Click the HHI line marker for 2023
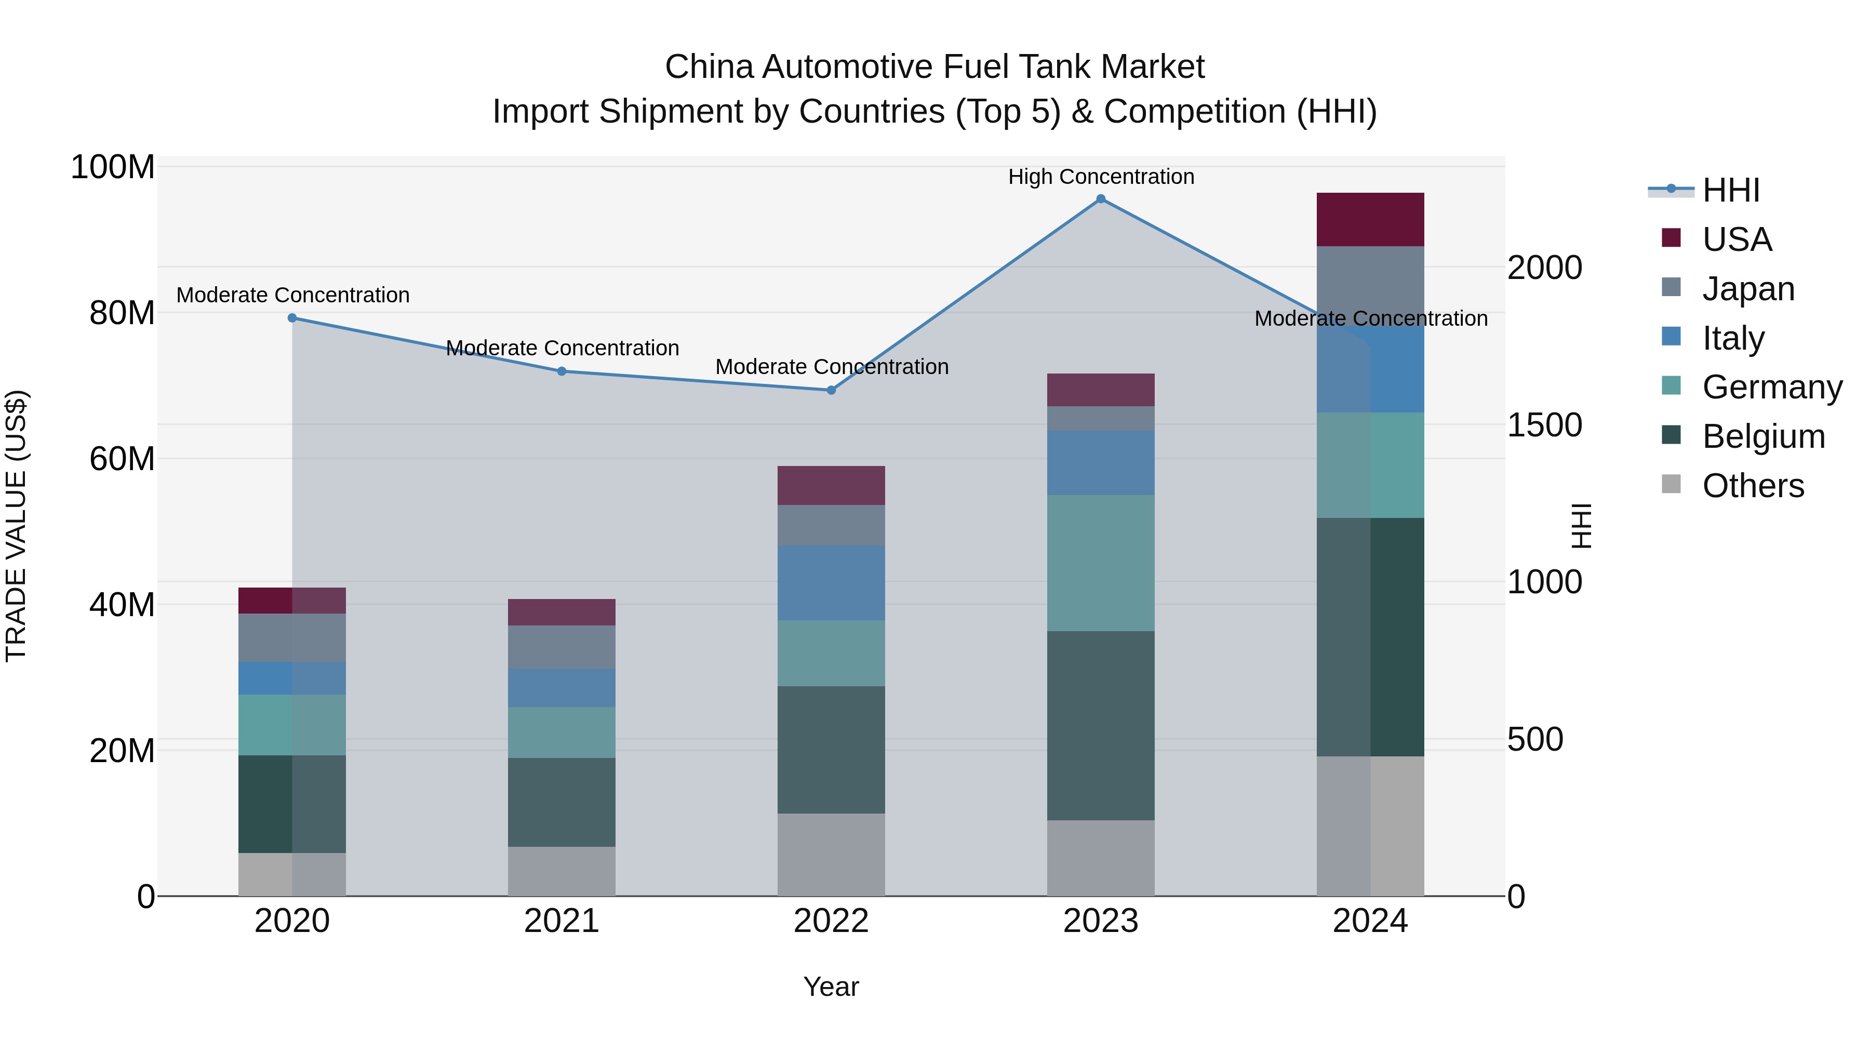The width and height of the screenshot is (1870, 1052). (1101, 199)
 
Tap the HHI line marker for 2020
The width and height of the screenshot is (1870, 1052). (292, 318)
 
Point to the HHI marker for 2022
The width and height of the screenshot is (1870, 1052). (831, 391)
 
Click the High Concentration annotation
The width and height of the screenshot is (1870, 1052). (1101, 177)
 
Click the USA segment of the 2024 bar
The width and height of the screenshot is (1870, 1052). (1370, 220)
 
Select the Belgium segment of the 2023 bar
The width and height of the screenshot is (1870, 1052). (1101, 726)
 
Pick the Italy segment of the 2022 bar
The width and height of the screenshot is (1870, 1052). (831, 583)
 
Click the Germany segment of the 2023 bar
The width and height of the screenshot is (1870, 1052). (1101, 563)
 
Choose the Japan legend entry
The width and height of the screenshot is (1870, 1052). (1748, 289)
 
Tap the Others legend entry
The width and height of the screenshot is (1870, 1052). (1753, 486)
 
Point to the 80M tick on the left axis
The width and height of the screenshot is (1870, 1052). (122, 314)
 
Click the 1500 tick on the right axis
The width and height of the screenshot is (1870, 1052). (1544, 425)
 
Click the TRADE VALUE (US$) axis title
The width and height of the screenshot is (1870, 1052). (16, 526)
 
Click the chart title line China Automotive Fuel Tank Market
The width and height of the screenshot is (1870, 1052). (934, 67)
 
